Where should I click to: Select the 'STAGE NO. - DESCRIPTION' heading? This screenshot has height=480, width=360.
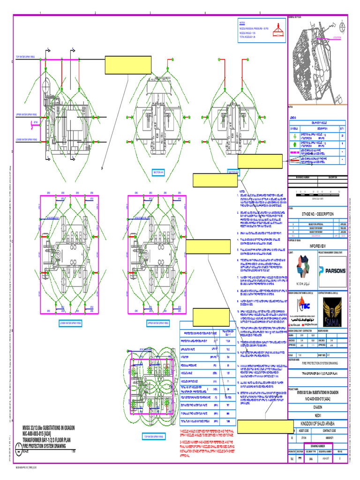click(x=318, y=214)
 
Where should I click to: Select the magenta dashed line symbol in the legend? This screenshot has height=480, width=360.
click(x=294, y=160)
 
